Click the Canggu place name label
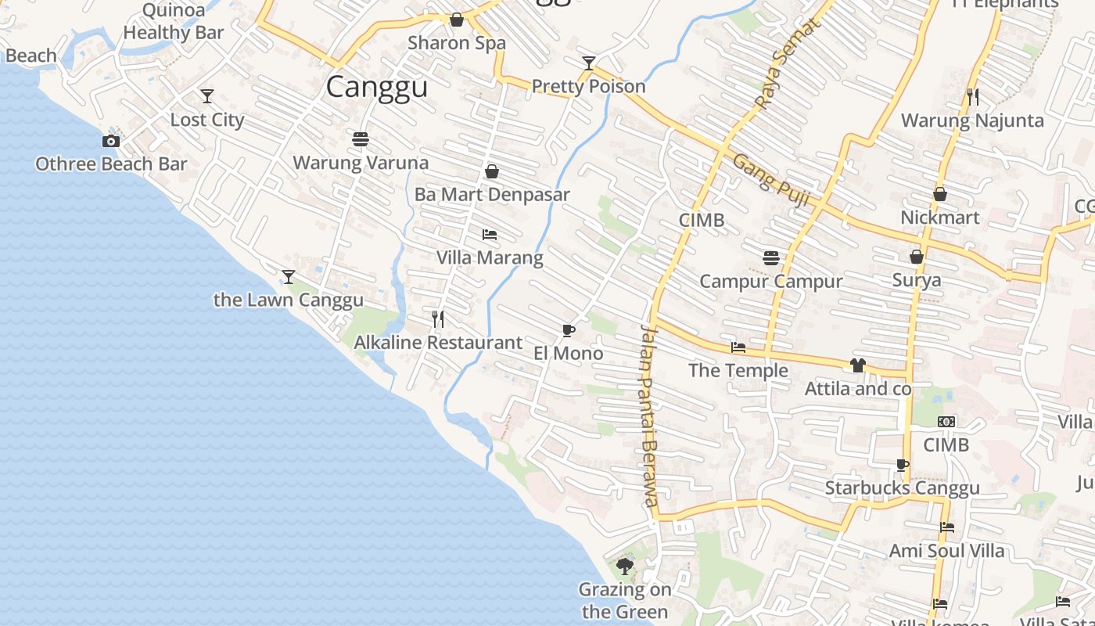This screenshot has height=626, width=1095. click(377, 87)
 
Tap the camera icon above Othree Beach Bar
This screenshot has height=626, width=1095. click(111, 141)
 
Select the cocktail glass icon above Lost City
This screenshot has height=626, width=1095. click(207, 96)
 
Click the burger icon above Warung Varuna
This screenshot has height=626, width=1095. click(361, 139)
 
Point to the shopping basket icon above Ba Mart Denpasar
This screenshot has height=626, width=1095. click(492, 171)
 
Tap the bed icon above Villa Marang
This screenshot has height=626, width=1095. click(490, 234)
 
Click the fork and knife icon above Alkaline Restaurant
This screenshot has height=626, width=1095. click(438, 318)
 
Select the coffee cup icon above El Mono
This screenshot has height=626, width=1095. click(569, 330)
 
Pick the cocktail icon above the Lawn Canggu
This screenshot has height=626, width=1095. click(289, 277)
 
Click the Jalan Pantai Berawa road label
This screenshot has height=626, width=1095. click(648, 415)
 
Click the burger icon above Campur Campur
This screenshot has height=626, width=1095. click(771, 257)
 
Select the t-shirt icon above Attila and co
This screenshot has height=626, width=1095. click(858, 365)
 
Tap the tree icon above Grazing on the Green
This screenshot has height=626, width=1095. click(624, 566)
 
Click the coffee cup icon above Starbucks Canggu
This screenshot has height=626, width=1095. click(903, 465)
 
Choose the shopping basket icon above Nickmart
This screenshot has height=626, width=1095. click(940, 193)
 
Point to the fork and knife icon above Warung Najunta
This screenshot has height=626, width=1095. click(973, 97)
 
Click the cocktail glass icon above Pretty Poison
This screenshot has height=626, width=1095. click(589, 63)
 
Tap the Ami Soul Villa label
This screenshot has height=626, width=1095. click(946, 551)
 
